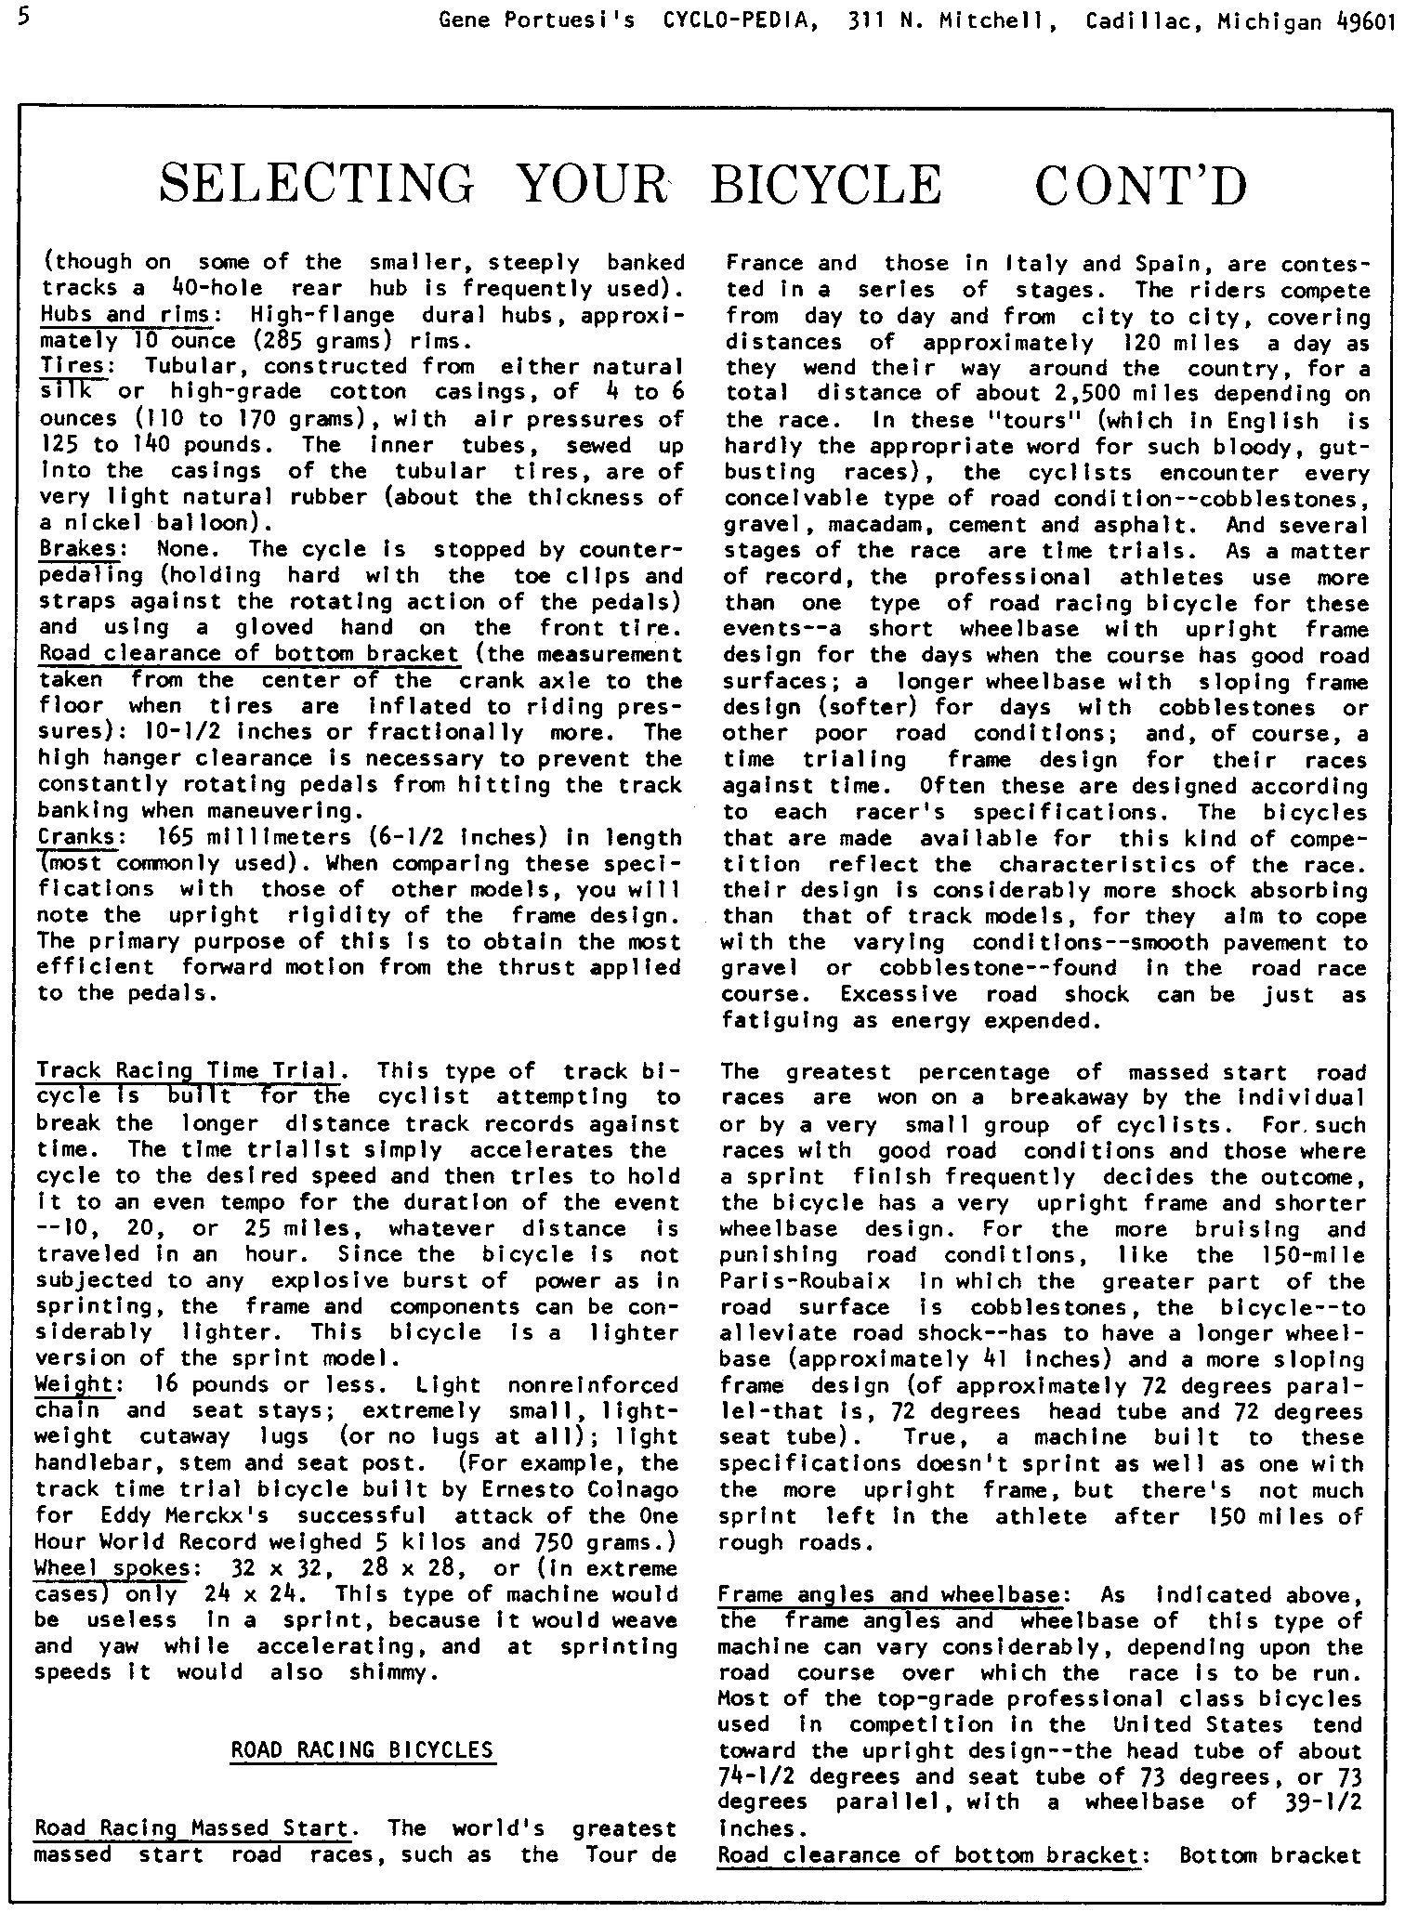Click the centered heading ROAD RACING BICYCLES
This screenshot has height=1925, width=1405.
pos(361,1750)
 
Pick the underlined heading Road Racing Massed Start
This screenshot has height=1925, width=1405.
pos(192,1829)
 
